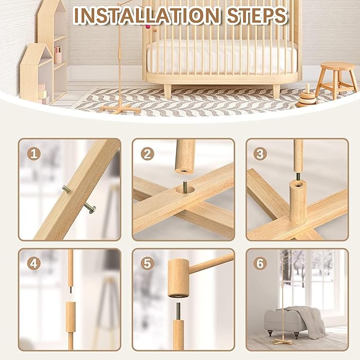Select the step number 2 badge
(148, 154)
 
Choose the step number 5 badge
(148, 263)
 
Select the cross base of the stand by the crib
(120, 109)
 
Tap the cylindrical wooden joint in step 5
(178, 277)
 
